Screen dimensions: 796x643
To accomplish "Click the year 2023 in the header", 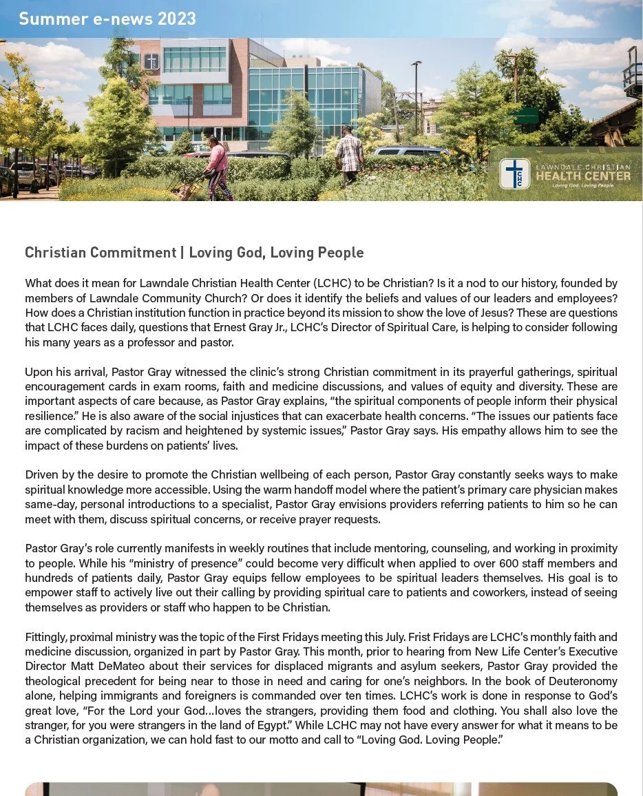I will pyautogui.click(x=177, y=19).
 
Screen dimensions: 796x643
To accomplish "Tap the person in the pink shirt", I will pyautogui.click(x=218, y=165).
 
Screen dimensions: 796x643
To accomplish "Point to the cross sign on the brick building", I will pyautogui.click(x=151, y=61).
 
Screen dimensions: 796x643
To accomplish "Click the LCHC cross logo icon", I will pyautogui.click(x=515, y=174).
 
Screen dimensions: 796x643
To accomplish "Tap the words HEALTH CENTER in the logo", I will pyautogui.click(x=582, y=176).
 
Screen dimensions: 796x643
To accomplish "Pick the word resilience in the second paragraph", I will pyautogui.click(x=48, y=415).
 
